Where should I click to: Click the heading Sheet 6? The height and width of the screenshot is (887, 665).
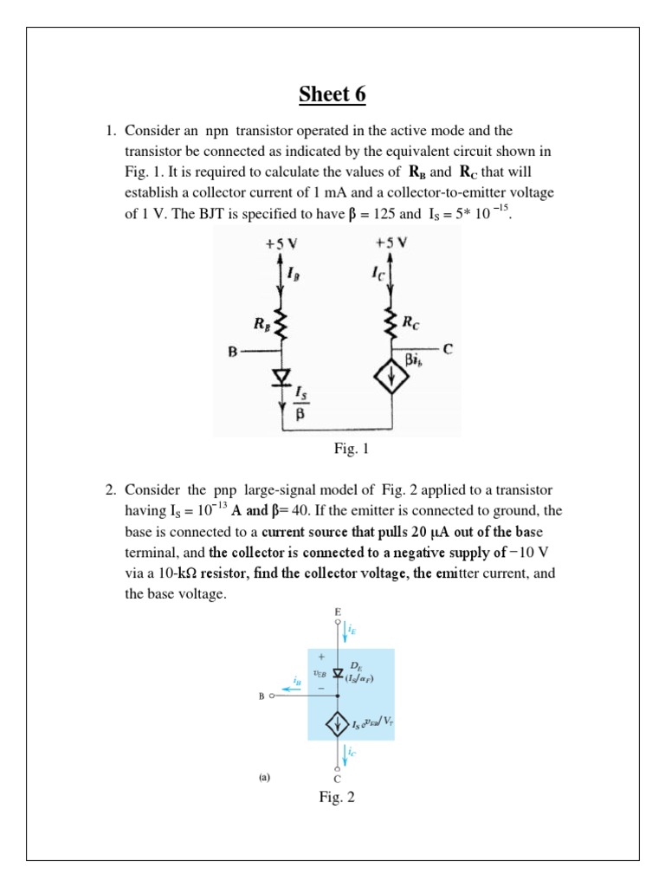click(332, 94)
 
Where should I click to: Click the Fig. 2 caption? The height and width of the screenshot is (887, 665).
click(338, 797)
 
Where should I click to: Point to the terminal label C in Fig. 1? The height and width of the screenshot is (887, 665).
click(448, 349)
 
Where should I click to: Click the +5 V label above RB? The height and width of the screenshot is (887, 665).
click(280, 245)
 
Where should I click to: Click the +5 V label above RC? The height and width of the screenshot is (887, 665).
click(391, 245)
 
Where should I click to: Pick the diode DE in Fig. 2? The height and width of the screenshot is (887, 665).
click(339, 672)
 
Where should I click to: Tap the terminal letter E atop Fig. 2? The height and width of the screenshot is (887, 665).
click(338, 612)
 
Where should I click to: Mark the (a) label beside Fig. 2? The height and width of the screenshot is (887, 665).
click(265, 777)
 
